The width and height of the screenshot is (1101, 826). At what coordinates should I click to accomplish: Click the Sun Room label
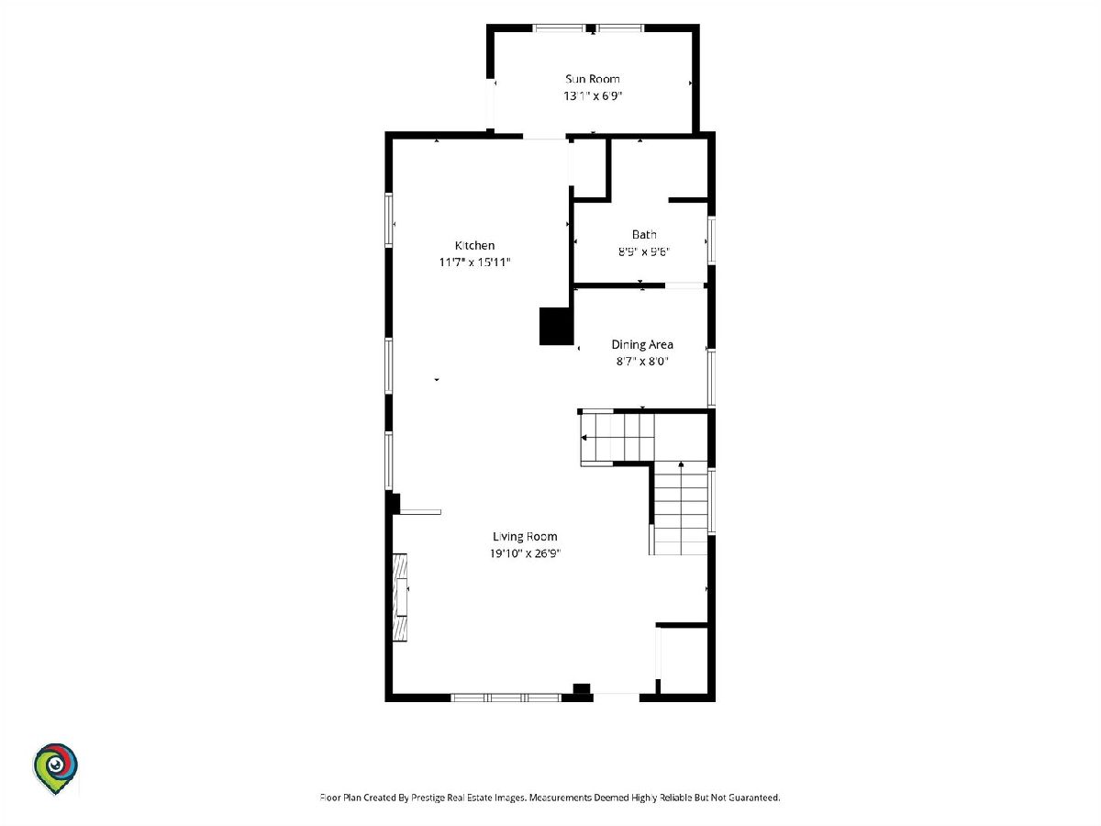pyautogui.click(x=593, y=79)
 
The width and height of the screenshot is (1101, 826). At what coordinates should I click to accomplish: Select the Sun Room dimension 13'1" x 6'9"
pyautogui.click(x=593, y=95)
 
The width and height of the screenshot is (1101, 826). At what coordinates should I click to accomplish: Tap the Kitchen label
pyautogui.click(x=474, y=245)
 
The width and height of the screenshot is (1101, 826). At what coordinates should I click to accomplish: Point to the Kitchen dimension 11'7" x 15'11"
pyautogui.click(x=474, y=262)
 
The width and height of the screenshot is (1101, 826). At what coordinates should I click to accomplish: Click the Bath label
pyautogui.click(x=644, y=234)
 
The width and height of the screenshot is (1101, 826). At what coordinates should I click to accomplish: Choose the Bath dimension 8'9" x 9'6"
pyautogui.click(x=644, y=251)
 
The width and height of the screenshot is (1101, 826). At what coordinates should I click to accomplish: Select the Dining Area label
pyautogui.click(x=642, y=344)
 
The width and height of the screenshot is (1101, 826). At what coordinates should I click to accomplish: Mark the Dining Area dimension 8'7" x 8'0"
pyautogui.click(x=642, y=361)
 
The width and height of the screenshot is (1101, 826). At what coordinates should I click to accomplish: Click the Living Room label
pyautogui.click(x=525, y=537)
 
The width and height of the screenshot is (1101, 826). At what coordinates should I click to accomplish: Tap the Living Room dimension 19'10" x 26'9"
pyautogui.click(x=525, y=553)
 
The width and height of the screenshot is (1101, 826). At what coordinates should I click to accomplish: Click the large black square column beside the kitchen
pyautogui.click(x=556, y=327)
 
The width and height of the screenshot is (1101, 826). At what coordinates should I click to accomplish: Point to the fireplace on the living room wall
pyautogui.click(x=400, y=597)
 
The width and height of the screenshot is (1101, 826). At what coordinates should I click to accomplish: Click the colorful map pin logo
pyautogui.click(x=55, y=768)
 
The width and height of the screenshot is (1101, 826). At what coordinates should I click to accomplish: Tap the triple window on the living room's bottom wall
pyautogui.click(x=506, y=698)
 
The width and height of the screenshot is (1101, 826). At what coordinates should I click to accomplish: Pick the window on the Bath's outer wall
pyautogui.click(x=711, y=240)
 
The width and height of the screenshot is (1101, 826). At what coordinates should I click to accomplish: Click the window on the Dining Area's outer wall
pyautogui.click(x=711, y=377)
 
